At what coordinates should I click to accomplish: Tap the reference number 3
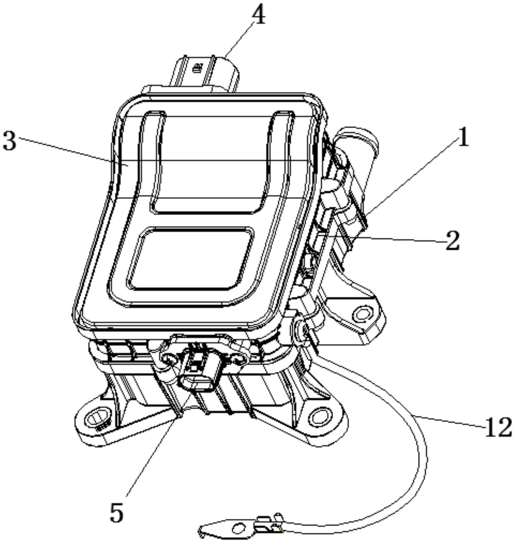(9, 140)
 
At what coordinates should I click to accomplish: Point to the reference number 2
(452, 241)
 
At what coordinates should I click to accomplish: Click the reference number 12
(498, 427)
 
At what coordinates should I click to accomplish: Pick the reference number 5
(116, 512)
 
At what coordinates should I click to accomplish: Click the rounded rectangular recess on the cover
(190, 258)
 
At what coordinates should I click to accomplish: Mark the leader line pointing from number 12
(449, 421)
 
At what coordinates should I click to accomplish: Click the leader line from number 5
(158, 444)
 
